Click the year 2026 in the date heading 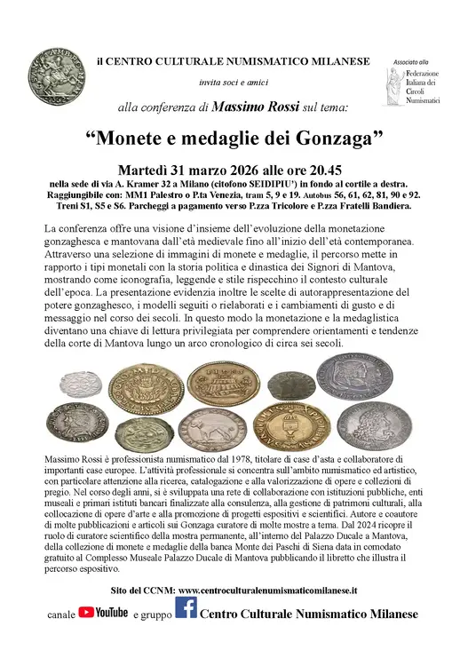tap(228, 170)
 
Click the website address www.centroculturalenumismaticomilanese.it tap(267, 589)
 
